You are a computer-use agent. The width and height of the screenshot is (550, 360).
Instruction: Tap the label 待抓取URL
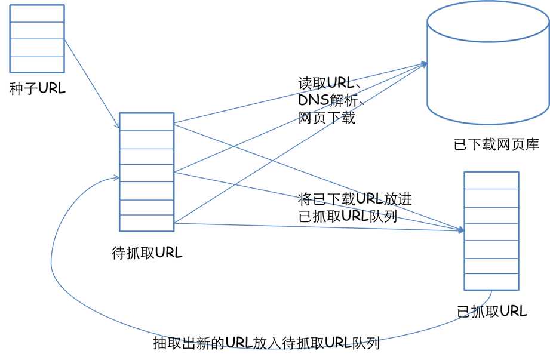point(147,253)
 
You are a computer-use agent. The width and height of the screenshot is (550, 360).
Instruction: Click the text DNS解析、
point(331,101)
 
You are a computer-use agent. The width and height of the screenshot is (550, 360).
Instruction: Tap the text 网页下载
point(327,118)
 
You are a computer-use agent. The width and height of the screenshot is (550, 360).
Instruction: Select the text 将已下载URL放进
point(355,199)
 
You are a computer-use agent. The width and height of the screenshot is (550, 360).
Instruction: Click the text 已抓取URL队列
point(348,216)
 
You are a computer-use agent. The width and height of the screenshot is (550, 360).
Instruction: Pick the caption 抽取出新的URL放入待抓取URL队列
point(266,344)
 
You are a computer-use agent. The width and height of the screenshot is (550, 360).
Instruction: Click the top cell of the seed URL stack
point(37,14)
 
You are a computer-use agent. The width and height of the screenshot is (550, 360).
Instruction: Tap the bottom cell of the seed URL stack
point(37,65)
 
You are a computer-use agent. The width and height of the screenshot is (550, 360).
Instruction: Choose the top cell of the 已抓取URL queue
point(491,180)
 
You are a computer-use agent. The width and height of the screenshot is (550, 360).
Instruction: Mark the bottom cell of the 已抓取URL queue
point(491,282)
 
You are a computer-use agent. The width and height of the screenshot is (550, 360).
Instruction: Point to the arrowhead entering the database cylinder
point(423,64)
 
